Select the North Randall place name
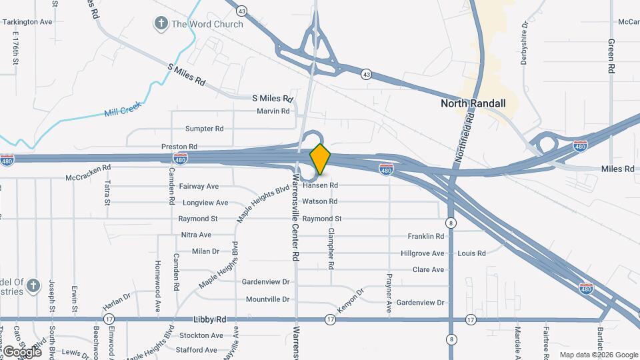click(x=473, y=103)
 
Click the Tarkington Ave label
click(x=27, y=22)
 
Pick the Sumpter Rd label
click(x=204, y=128)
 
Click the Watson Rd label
click(x=320, y=201)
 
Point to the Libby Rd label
click(x=207, y=319)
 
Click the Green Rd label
click(x=611, y=56)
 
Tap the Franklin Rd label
click(x=426, y=236)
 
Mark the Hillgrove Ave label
click(x=423, y=253)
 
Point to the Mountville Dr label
click(x=267, y=299)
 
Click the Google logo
click(x=22, y=351)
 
